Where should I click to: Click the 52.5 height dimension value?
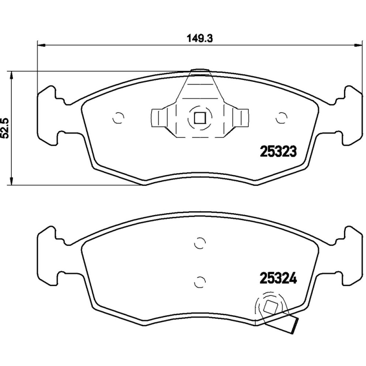pyautogui.click(x=5, y=128)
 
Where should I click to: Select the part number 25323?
pyautogui.click(x=279, y=151)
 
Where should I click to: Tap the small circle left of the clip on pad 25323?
pyautogui.click(x=118, y=118)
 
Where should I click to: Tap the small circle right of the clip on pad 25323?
pyautogui.click(x=281, y=118)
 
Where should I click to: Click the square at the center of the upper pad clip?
pyautogui.click(x=199, y=118)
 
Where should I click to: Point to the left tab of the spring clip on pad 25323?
pyautogui.click(x=157, y=118)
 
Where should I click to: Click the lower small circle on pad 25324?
pyautogui.click(x=199, y=281)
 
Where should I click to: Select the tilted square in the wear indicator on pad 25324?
pyautogui.click(x=269, y=308)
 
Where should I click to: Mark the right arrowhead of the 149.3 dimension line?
pyautogui.click(x=356, y=45)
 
